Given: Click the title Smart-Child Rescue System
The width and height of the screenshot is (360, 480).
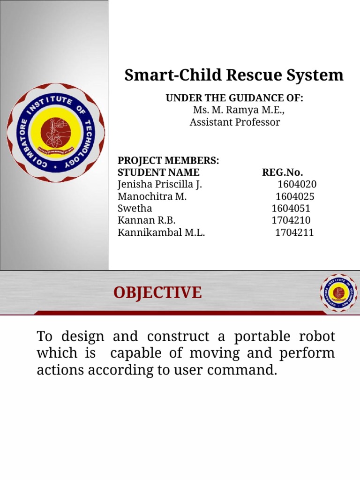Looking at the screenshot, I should click(x=233, y=75).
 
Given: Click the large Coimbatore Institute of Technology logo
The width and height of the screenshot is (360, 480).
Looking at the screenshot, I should click(x=55, y=133).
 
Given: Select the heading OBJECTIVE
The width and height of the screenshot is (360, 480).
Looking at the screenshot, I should click(x=157, y=293).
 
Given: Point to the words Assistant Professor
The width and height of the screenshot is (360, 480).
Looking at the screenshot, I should click(x=234, y=122).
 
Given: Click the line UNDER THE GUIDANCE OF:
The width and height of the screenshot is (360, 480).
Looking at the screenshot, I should click(x=234, y=98).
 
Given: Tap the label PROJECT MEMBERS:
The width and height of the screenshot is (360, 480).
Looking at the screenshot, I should click(x=168, y=161).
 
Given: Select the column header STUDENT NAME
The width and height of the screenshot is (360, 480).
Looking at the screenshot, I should click(x=158, y=172).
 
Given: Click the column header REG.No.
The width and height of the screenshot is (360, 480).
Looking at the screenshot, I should click(x=282, y=172).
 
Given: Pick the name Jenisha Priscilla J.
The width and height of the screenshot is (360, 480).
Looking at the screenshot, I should click(x=160, y=184).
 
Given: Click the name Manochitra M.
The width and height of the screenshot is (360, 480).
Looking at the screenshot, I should click(x=152, y=196).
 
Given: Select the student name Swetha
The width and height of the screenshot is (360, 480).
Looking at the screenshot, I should click(x=135, y=209).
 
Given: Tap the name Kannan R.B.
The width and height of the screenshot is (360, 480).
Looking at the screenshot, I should click(x=147, y=220).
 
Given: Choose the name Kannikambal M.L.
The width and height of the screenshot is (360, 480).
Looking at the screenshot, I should click(x=161, y=232).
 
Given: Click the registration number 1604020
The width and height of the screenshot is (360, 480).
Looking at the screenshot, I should click(x=297, y=184).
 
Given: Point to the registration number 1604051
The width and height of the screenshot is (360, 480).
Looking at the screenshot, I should click(x=291, y=209).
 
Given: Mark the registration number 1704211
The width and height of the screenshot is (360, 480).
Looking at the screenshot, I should click(x=294, y=232).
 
